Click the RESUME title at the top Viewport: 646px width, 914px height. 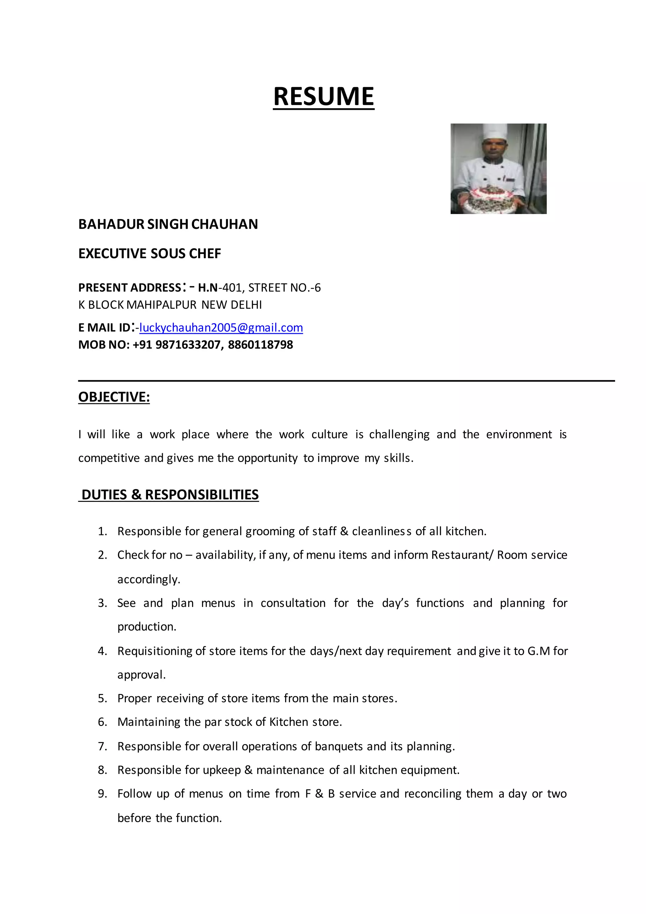click(x=323, y=97)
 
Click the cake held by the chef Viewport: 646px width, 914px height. click(x=493, y=199)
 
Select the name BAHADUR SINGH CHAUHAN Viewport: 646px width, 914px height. click(x=168, y=224)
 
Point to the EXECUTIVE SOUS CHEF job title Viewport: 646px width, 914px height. click(x=150, y=253)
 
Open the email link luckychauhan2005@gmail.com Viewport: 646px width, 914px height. click(x=221, y=328)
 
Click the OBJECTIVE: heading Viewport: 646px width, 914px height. click(x=114, y=397)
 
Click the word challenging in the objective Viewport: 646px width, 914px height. click(x=399, y=435)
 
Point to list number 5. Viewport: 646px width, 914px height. click(x=102, y=698)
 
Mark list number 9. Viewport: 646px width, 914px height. click(x=102, y=794)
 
